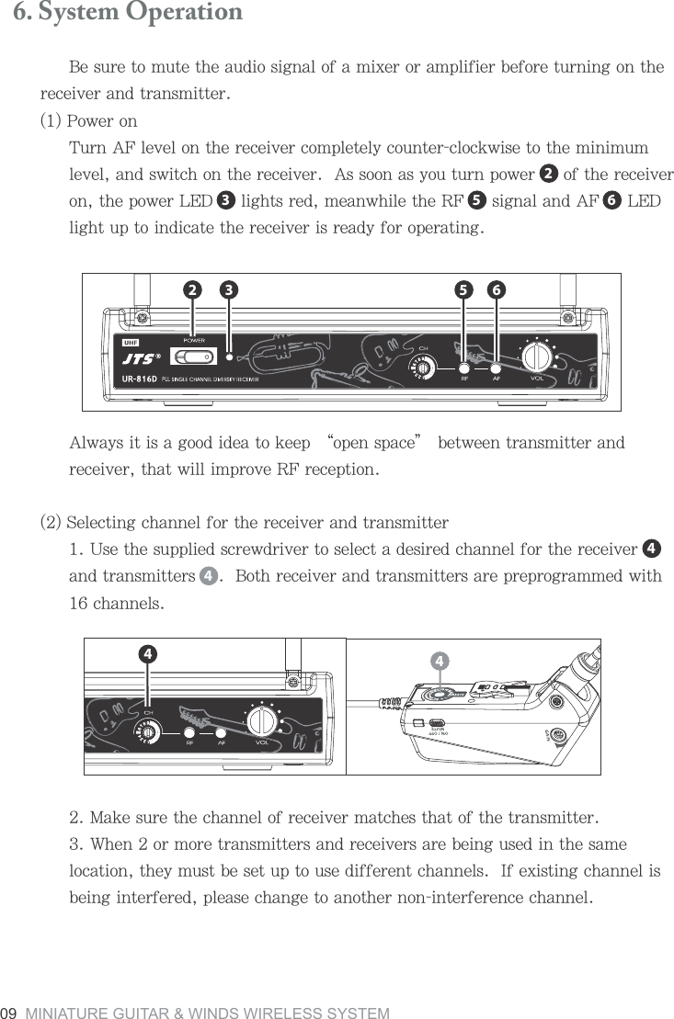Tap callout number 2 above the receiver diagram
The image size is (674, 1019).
(x=192, y=289)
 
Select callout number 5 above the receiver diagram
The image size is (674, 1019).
(x=464, y=289)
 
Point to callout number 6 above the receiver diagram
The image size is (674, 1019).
(x=497, y=289)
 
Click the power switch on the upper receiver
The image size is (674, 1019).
(x=194, y=356)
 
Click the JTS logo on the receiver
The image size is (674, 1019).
(x=141, y=359)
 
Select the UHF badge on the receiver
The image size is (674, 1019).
(x=131, y=343)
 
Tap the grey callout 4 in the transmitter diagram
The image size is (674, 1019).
(x=440, y=661)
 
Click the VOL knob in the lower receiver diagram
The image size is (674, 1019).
(x=262, y=719)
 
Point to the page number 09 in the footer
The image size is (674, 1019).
(x=11, y=1013)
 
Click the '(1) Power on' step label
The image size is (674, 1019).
(x=88, y=121)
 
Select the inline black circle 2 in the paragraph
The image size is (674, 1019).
(x=548, y=174)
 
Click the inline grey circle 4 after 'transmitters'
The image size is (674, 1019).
(x=209, y=577)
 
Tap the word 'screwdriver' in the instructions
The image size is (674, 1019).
(x=267, y=550)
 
